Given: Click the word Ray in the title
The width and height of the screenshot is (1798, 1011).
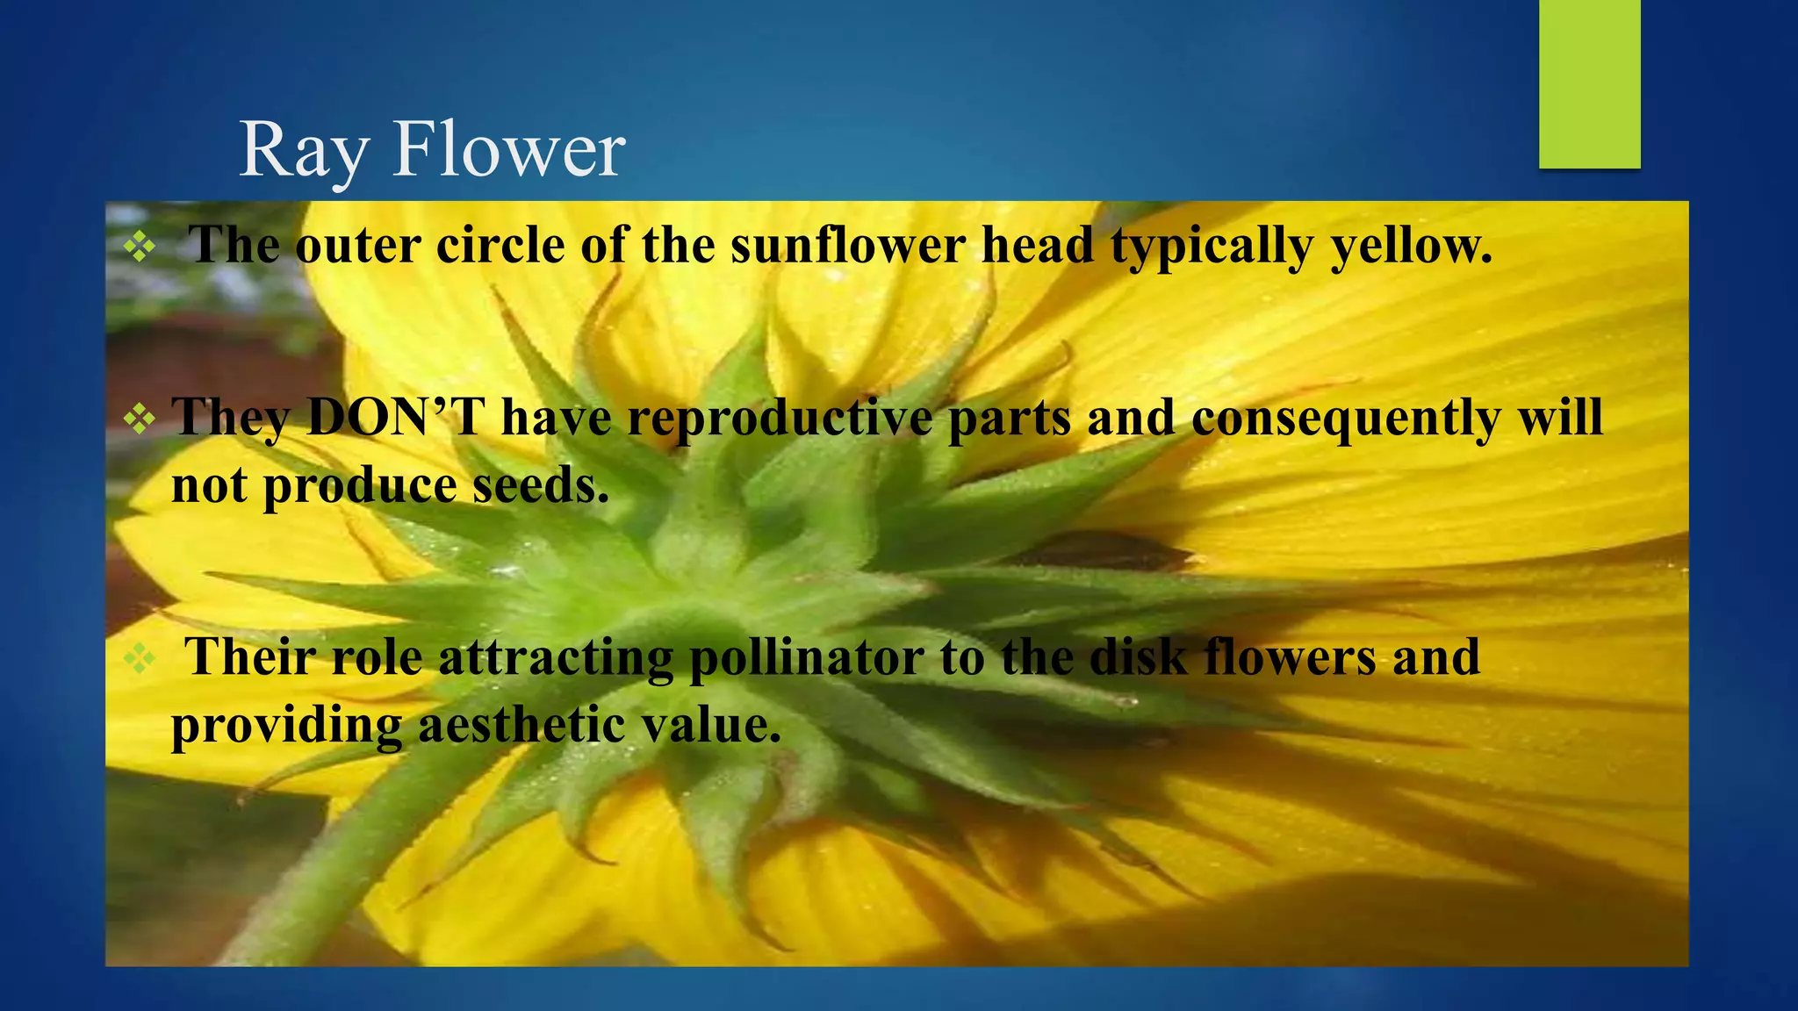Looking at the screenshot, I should [302, 151].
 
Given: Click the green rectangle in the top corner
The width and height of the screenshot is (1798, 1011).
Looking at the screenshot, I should [1589, 83].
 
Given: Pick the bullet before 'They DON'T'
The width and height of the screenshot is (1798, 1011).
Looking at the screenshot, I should [140, 419].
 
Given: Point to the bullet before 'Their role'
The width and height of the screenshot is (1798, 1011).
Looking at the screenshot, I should [140, 658].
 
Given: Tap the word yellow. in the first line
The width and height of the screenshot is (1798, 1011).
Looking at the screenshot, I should [1411, 246].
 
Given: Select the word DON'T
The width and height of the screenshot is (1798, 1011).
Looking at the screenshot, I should [396, 417].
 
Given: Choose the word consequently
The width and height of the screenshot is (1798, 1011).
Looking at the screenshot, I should [1346, 418].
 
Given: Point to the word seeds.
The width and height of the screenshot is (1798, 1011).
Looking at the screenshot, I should [540, 485].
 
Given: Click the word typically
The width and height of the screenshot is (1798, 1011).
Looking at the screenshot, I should [1212, 246].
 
